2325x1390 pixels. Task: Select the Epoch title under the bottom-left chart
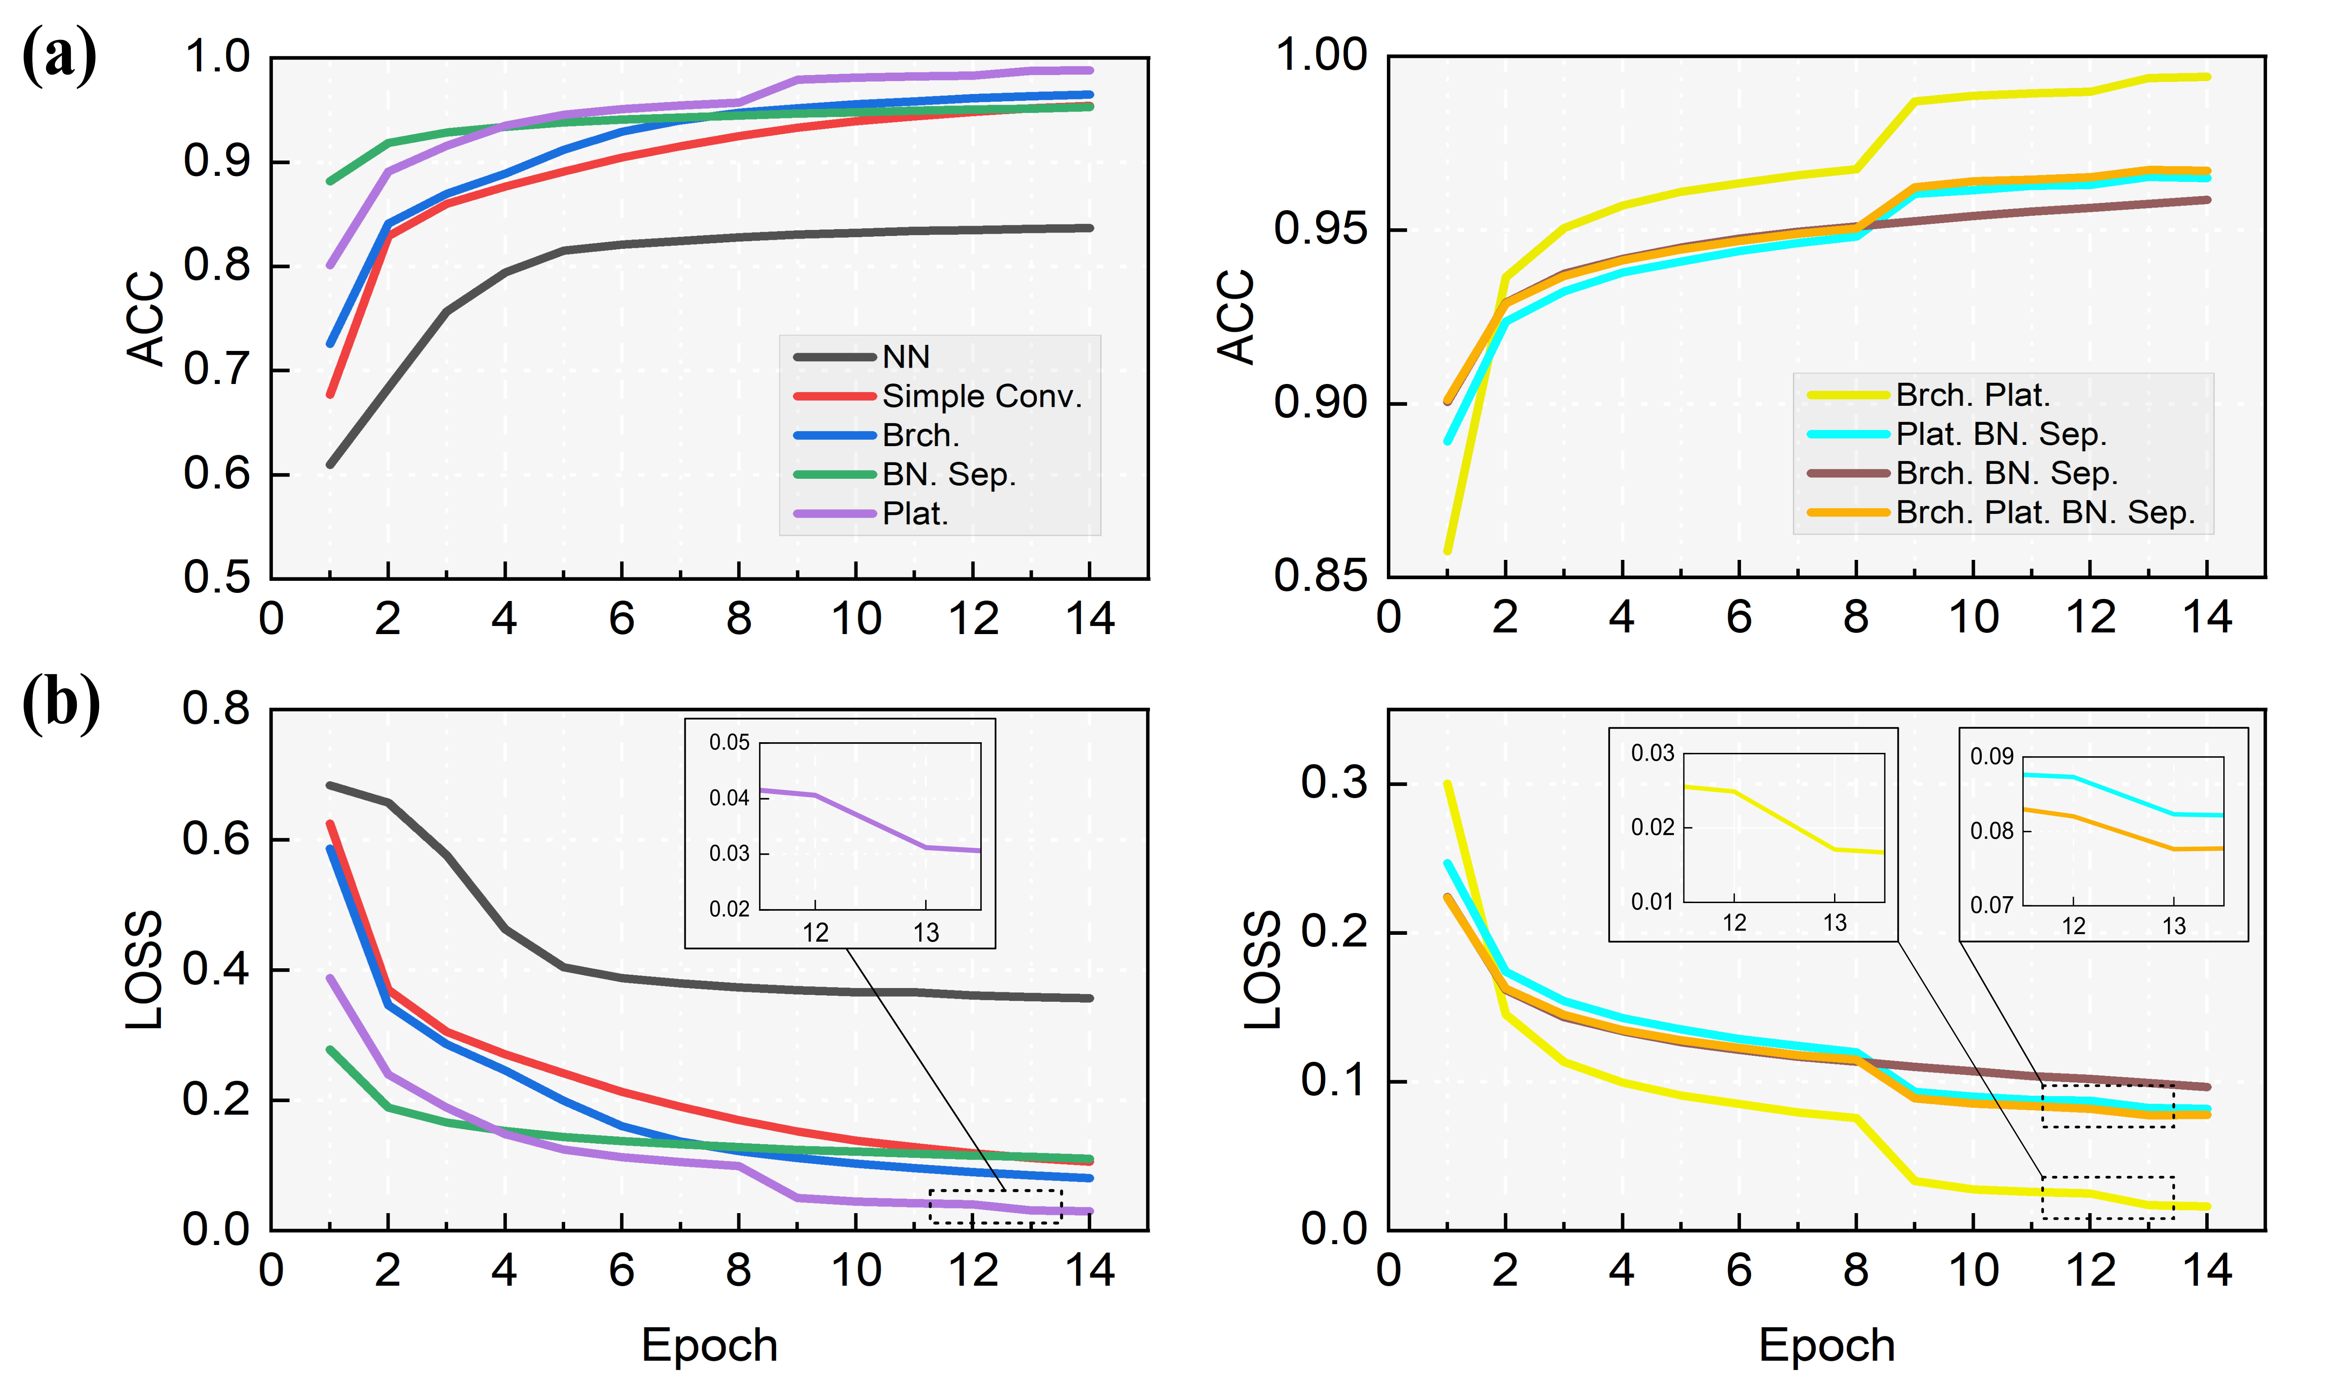click(709, 1345)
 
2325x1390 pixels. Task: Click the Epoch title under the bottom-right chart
click(1827, 1345)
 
